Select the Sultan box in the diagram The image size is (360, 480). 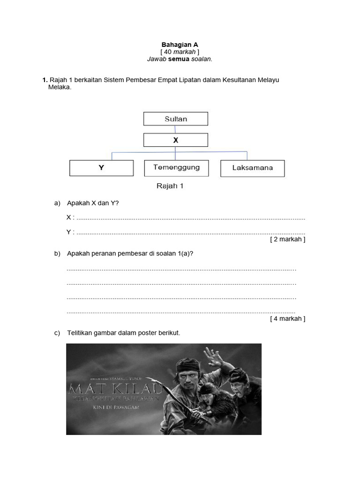176,119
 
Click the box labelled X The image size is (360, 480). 176,140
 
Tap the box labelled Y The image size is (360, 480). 101,168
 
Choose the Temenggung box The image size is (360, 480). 176,167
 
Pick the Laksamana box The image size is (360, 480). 252,168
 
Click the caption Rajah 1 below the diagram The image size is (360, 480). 170,186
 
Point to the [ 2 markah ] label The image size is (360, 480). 287,239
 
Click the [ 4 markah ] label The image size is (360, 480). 287,319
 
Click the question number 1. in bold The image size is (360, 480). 45,80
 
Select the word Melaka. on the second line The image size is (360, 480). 60,87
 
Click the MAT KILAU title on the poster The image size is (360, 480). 115,389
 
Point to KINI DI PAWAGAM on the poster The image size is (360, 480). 115,407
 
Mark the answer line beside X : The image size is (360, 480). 190,218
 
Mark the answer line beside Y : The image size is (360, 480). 190,232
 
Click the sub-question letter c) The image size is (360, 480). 58,333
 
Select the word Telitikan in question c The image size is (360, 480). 80,333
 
